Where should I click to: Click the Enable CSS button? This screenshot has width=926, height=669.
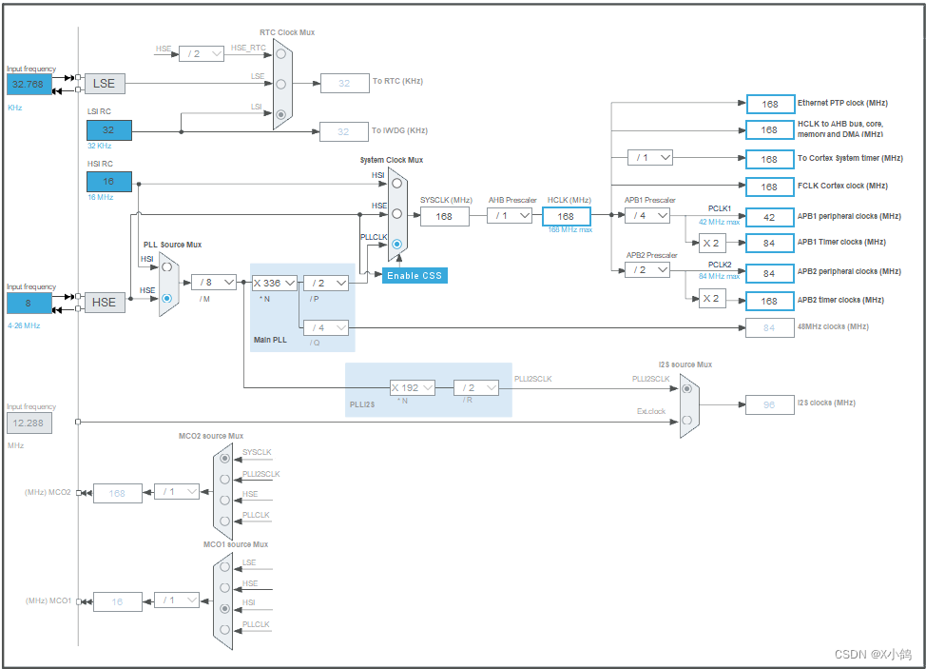[414, 275]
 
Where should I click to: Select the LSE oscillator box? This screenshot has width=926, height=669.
[105, 83]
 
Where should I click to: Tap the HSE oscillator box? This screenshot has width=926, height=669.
[105, 302]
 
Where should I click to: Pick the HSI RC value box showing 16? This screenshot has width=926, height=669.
[108, 182]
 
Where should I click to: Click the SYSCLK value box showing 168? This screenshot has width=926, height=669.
[444, 216]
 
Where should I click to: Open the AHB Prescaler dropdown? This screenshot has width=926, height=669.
[511, 216]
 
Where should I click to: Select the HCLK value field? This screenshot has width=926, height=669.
[567, 216]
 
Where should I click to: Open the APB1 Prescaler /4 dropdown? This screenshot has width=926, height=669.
[647, 216]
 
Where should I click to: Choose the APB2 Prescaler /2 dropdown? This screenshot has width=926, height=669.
[647, 270]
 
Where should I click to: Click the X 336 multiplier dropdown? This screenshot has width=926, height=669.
[274, 283]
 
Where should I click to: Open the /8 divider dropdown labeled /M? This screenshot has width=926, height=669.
[214, 282]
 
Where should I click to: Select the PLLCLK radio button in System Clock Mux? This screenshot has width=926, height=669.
[397, 245]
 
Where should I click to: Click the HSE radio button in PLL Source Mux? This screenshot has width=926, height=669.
[167, 298]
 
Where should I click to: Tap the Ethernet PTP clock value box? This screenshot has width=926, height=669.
[769, 104]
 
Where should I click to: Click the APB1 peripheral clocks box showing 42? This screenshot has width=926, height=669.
[769, 216]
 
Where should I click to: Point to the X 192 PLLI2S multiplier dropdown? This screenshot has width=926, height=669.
[412, 387]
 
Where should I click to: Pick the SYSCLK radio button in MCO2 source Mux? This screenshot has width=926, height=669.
[224, 458]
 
